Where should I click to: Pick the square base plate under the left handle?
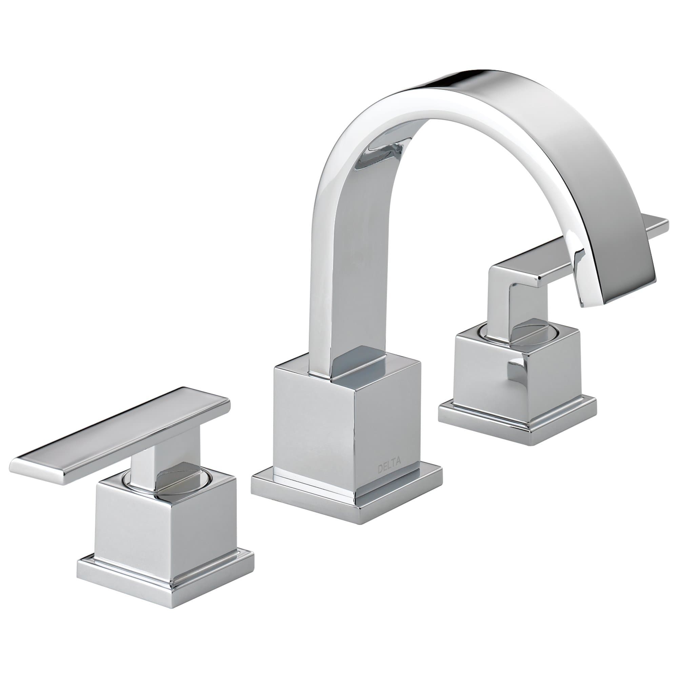165,581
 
